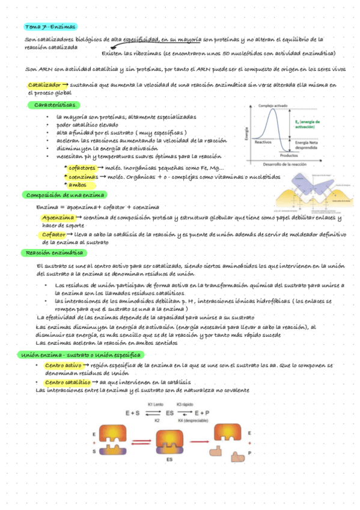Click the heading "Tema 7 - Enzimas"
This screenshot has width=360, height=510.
[50, 27]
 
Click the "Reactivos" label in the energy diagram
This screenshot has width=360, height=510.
[264, 143]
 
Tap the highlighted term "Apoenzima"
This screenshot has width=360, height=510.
[58, 218]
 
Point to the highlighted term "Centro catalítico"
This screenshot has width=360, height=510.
[67, 382]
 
